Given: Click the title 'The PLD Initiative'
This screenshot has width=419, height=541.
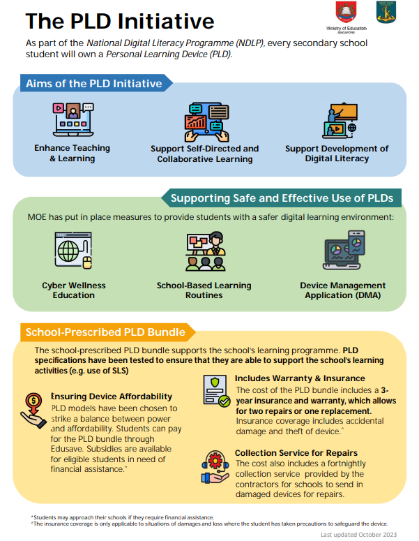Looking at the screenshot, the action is [120, 21].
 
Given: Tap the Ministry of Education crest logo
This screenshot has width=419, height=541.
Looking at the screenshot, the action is [346, 13].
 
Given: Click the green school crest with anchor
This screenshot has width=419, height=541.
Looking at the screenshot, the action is [386, 12].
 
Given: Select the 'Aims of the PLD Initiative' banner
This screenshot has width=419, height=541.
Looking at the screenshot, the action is [96, 83].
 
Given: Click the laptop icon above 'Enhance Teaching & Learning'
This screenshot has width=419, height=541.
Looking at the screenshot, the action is [73, 119].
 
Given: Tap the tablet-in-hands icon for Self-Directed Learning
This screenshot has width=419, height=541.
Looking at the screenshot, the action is [207, 121].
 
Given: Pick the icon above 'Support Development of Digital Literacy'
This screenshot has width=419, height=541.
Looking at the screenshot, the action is [340, 120].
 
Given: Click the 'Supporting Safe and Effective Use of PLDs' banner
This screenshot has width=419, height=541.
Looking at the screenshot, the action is [282, 198].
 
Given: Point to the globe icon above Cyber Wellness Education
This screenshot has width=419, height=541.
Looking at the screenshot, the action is [73, 250].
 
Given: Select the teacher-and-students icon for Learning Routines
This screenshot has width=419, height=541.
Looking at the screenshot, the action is [206, 251].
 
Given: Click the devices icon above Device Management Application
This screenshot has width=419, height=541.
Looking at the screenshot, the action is [344, 250].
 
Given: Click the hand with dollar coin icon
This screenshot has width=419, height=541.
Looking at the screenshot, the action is [33, 410].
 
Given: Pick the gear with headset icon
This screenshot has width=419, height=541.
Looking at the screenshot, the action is [215, 467].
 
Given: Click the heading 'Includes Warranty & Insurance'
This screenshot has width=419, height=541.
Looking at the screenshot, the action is [300, 378].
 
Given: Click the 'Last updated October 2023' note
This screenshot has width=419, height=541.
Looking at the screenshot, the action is [359, 535].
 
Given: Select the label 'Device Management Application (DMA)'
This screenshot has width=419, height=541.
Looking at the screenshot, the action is [343, 290].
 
